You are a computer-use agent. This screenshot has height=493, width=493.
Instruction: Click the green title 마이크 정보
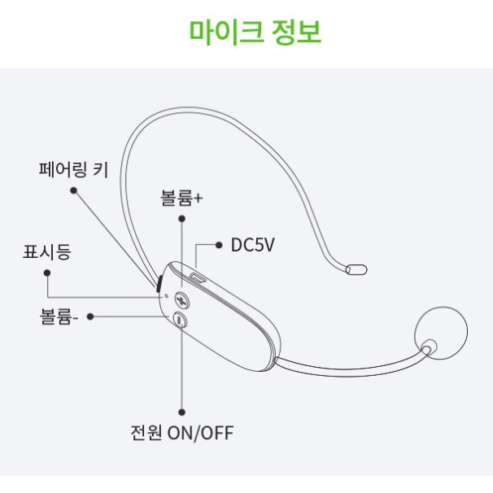(x=255, y=32)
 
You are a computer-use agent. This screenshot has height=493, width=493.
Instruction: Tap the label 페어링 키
(x=73, y=170)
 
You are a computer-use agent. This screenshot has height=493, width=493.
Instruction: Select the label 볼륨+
(x=181, y=198)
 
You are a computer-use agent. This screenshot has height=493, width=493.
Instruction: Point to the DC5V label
(x=253, y=245)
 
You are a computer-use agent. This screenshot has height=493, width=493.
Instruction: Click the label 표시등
(x=47, y=252)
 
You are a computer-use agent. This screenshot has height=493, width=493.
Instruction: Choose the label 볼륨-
(x=59, y=316)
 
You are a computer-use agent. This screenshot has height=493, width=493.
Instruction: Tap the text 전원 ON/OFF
(x=182, y=433)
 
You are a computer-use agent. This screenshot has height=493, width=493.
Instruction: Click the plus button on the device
(x=182, y=299)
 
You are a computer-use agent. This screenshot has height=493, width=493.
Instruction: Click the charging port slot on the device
(x=198, y=278)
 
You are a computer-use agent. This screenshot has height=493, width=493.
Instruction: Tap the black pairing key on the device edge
(x=159, y=284)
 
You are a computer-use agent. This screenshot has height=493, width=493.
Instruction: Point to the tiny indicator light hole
(x=166, y=296)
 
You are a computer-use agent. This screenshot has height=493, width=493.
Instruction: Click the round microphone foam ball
(x=441, y=333)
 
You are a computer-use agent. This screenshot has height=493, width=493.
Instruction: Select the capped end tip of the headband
(x=356, y=270)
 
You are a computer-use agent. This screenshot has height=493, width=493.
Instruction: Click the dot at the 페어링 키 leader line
(x=73, y=190)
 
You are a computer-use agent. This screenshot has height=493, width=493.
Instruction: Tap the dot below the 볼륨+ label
(x=181, y=219)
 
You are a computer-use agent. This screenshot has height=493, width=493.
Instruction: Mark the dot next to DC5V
(x=219, y=245)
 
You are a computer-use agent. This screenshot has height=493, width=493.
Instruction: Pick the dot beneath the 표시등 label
(x=47, y=273)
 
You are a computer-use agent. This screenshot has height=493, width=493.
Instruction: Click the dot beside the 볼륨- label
(x=90, y=316)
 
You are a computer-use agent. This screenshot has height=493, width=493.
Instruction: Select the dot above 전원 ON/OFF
(x=181, y=412)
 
